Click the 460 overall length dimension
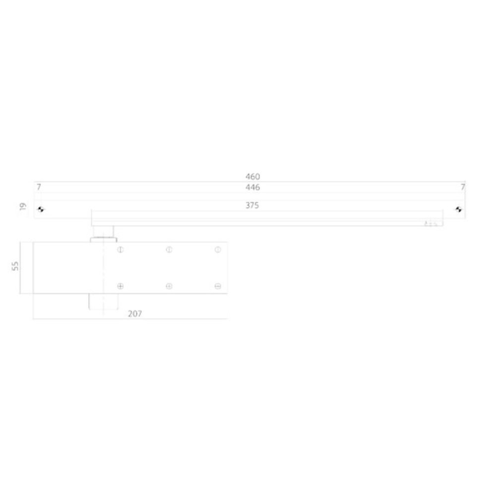(x=252, y=176)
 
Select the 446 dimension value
(x=252, y=187)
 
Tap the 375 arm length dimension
(x=252, y=205)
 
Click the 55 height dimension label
(x=15, y=267)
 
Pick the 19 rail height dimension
(x=22, y=206)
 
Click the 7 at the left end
(x=38, y=187)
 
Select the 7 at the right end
(x=462, y=187)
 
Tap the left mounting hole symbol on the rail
(x=41, y=209)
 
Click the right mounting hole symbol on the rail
(x=459, y=209)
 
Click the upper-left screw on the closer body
(x=120, y=249)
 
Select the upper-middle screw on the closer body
(x=169, y=249)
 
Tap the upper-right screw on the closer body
(x=217, y=249)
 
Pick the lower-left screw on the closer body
(x=120, y=286)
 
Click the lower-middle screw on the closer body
(x=169, y=286)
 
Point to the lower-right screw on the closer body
(x=217, y=286)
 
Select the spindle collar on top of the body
(x=101, y=240)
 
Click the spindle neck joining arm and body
(x=103, y=232)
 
